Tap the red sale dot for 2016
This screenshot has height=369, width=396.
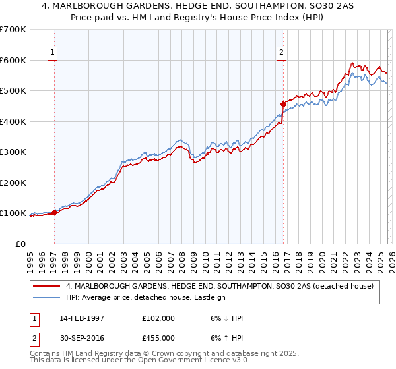point(283,104)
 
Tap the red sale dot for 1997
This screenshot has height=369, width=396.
point(55,212)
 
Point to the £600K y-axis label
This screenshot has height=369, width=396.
point(13,60)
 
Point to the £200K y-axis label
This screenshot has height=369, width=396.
point(13,183)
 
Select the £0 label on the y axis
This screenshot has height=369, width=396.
point(20,244)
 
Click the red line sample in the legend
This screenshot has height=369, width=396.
point(46,286)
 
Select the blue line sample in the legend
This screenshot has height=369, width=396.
point(46,297)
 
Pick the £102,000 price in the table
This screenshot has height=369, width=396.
point(159,318)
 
